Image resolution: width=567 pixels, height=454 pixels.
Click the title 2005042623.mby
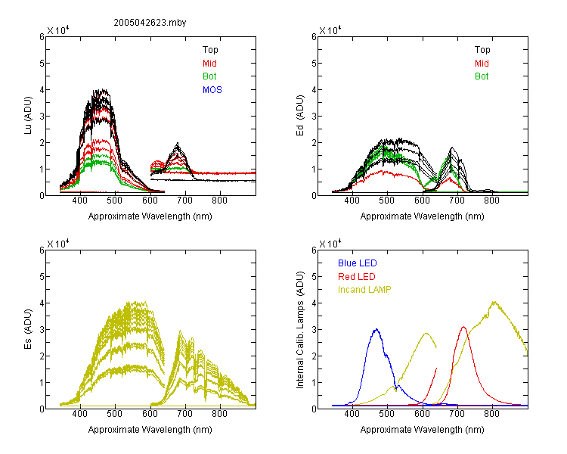coord(150,23)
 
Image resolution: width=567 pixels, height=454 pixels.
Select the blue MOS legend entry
coord(212,90)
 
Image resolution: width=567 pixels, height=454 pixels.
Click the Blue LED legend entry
coord(358,263)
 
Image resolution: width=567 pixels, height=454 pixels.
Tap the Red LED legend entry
coord(357,277)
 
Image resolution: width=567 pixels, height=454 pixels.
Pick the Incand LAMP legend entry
coord(364,290)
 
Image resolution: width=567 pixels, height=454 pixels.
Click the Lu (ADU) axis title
coord(28,116)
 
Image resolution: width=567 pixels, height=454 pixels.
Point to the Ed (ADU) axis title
coord(300,116)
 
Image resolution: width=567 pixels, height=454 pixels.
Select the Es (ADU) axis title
coord(28,329)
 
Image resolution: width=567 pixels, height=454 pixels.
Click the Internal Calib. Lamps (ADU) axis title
coord(300,330)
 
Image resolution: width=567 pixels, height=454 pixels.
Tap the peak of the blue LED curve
coord(376,329)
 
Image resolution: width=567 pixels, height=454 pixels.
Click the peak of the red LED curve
coord(463,327)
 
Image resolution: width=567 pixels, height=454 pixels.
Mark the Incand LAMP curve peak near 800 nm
coord(494,302)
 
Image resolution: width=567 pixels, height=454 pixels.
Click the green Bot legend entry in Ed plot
coord(482,76)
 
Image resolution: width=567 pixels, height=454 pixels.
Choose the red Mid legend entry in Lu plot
coord(209,64)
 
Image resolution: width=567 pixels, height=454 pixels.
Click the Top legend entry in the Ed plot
coord(482,50)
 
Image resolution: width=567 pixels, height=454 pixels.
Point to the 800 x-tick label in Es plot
coord(219,413)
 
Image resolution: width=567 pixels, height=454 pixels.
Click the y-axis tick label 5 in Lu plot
coord(42,64)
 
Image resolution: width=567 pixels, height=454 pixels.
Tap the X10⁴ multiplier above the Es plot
coord(58,244)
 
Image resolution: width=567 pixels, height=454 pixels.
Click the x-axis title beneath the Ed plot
coord(422,216)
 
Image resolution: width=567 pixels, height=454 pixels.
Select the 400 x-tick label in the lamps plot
coord(352,413)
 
